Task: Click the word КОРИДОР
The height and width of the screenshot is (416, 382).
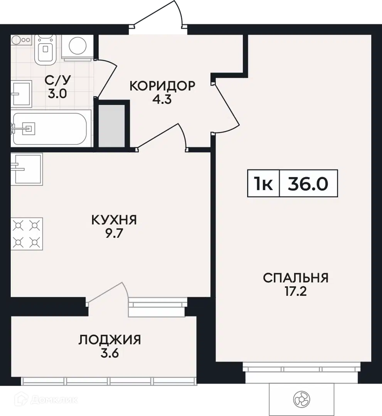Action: coord(162,86)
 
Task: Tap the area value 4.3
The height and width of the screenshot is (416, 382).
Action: coord(162,99)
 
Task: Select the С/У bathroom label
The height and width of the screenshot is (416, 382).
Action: coord(58,80)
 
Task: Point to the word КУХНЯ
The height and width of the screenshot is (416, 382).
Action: coord(114,220)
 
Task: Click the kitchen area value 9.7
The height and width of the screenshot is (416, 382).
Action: coord(114,234)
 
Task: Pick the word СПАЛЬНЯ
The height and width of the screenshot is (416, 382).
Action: coord(296,278)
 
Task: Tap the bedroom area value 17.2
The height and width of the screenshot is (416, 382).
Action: coord(296,292)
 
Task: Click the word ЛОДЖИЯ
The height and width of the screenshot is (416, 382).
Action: coord(109,340)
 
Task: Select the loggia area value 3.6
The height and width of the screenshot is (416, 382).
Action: coord(109,353)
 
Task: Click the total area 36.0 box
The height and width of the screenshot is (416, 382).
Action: coord(308,184)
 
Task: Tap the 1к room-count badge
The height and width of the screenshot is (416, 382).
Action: coord(264,184)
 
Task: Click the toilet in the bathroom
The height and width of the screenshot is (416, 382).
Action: coord(45,49)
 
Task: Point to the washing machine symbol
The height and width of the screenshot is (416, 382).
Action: coord(77,46)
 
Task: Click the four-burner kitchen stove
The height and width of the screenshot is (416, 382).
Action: coord(27,234)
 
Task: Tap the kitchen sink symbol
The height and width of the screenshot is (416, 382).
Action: coord(27,169)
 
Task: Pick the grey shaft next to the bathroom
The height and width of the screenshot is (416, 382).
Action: coord(112,126)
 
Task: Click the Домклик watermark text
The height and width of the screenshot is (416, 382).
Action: coord(54,399)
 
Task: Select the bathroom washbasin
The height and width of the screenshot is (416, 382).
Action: coord(22,94)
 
